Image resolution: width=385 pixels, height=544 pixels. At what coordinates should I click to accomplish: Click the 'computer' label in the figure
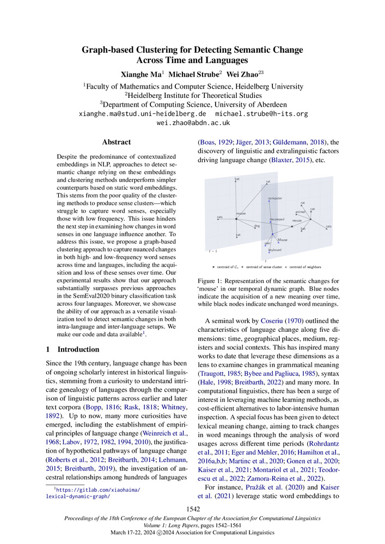click(275, 198)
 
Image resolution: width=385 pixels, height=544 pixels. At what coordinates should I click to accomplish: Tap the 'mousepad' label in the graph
click(278, 219)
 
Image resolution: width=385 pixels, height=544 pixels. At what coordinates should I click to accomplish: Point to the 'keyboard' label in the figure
click(274, 250)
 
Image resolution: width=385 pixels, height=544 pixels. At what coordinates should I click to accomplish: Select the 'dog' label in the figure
click(256, 226)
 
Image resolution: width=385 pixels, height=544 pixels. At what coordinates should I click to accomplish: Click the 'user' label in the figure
click(267, 243)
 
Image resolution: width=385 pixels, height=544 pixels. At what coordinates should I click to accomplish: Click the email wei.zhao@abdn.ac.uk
click(192, 123)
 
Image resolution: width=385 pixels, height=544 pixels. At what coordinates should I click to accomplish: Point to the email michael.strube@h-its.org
click(262, 114)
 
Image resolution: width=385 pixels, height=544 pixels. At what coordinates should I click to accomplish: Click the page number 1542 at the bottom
click(192, 509)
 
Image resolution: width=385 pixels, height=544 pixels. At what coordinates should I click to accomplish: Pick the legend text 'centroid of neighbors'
click(305, 267)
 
